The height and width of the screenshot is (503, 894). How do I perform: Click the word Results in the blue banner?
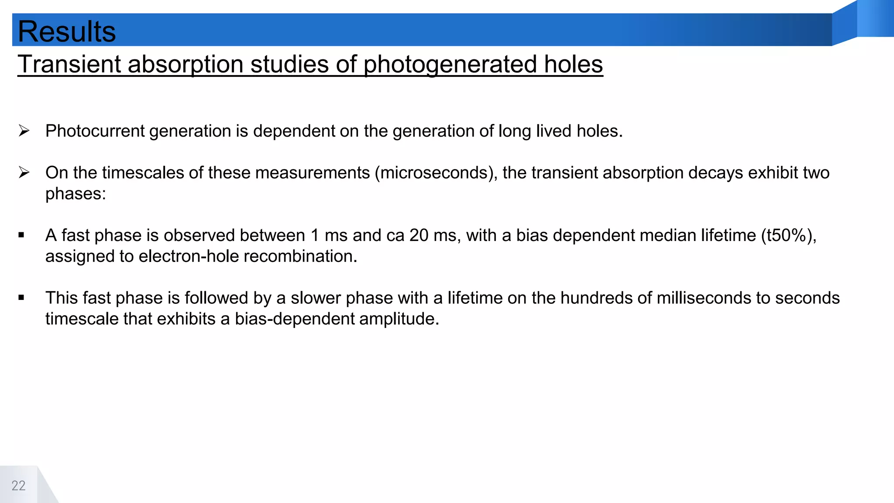(x=67, y=31)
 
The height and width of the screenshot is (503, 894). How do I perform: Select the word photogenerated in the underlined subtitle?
(x=450, y=64)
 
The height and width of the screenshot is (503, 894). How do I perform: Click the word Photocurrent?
(x=95, y=131)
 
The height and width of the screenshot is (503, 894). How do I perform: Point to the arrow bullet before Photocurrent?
(x=24, y=131)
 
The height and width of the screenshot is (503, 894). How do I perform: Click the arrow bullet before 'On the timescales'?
(x=24, y=172)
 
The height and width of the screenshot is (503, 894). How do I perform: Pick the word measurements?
(x=312, y=173)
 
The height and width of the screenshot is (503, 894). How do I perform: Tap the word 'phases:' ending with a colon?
(x=76, y=193)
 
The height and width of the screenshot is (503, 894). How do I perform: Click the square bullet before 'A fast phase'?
(x=21, y=235)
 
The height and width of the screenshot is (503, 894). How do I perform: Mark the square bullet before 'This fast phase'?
(x=21, y=298)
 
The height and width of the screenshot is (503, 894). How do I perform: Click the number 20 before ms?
(x=419, y=235)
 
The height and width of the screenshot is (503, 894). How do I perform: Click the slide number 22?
(x=18, y=486)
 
